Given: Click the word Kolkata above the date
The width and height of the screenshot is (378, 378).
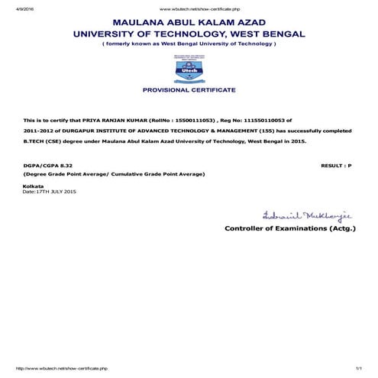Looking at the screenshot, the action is (34, 186).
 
